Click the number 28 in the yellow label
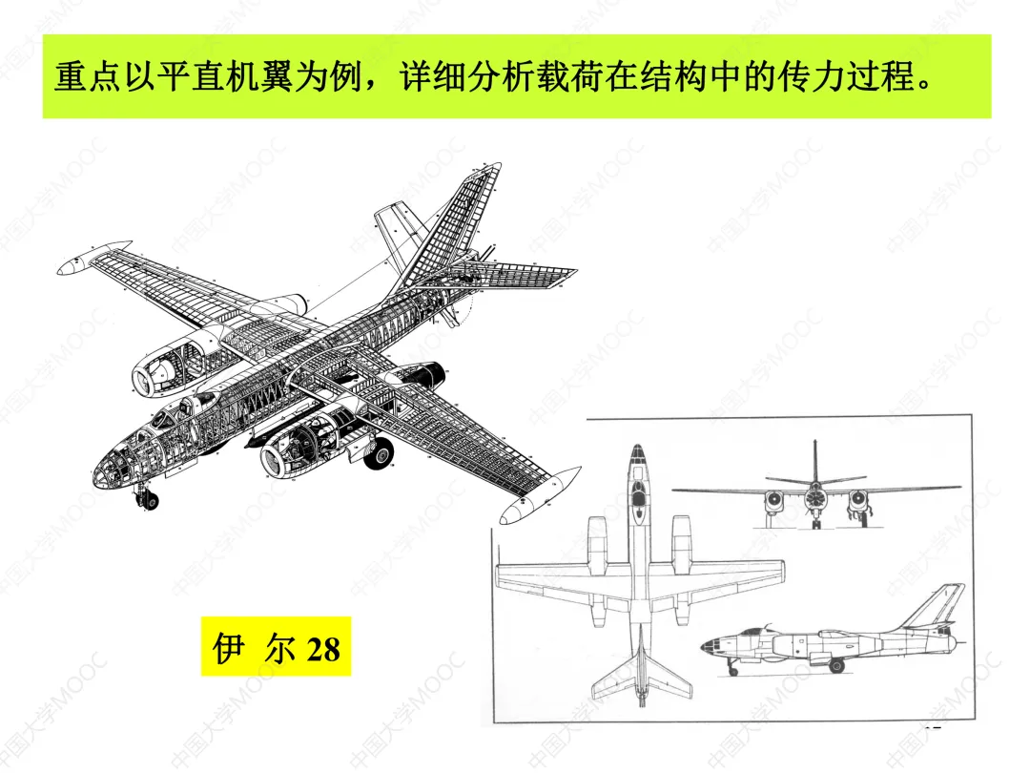point(322,650)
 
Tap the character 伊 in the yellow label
point(228,648)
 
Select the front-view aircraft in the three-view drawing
point(815,497)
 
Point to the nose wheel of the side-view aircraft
point(732,671)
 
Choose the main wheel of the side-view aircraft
point(835,665)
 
